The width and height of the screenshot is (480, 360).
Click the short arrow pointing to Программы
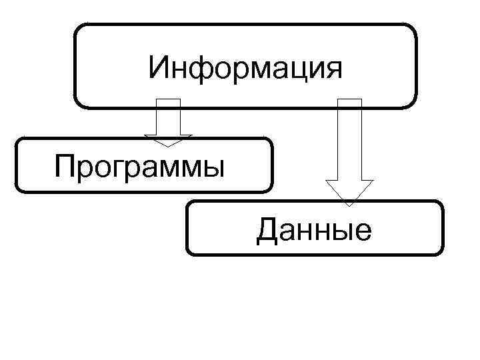[169, 120]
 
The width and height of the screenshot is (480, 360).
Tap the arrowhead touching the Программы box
[169, 140]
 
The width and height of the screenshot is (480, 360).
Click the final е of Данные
[362, 233]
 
